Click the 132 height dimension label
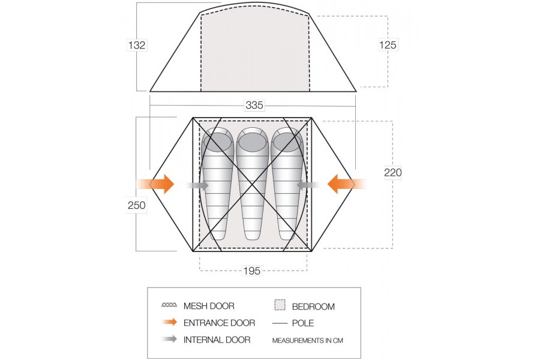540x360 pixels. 137,45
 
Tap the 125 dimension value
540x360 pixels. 388,45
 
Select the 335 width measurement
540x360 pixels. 254,105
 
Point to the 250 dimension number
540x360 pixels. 136,205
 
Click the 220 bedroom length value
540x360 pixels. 393,172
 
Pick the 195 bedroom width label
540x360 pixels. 252,271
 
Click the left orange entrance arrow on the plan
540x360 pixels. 155,184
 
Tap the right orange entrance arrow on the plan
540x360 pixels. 346,184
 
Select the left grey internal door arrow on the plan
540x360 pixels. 197,185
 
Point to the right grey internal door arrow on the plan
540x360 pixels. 308,185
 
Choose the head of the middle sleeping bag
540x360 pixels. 253,142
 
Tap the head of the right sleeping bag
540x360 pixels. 287,142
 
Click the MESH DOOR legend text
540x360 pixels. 209,306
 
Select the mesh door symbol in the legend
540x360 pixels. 169,305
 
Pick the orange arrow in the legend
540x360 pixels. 169,322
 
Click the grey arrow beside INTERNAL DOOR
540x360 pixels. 169,339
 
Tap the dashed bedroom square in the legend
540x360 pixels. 280,305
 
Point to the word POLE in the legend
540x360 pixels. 303,323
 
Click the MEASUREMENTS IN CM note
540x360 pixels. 308,341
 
